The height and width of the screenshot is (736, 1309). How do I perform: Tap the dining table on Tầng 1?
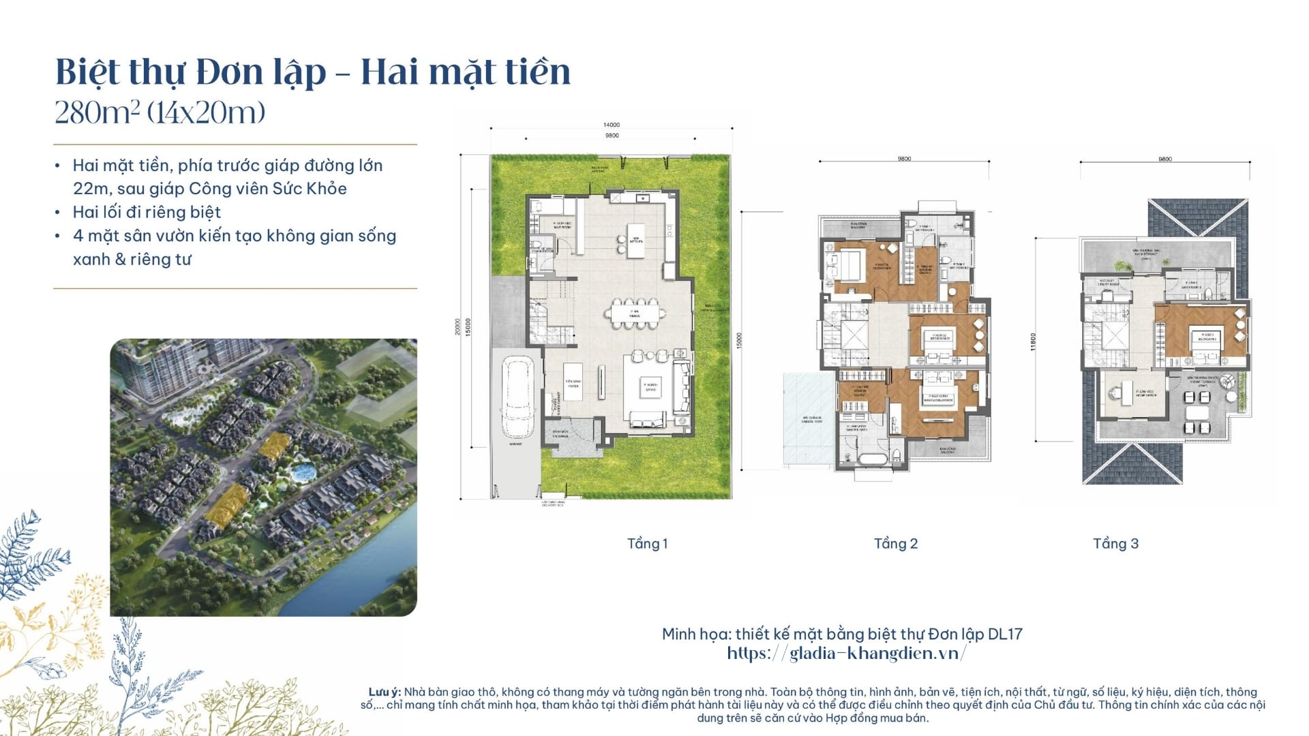tap(635, 313)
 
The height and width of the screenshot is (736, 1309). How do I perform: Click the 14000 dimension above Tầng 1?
tap(612, 125)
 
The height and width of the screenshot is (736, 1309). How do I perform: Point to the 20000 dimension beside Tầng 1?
tap(458, 327)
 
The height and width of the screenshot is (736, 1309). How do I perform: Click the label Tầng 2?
tap(896, 544)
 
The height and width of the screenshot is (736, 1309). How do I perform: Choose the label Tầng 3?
tap(1115, 544)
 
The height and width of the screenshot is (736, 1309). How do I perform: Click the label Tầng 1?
tap(647, 544)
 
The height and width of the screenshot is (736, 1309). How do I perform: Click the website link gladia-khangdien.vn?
tap(846, 654)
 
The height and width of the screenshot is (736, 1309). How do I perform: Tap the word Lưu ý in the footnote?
tap(385, 692)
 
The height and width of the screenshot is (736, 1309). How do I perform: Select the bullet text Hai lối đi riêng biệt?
tap(147, 212)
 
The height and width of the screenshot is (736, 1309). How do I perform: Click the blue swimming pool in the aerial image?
tap(299, 471)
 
